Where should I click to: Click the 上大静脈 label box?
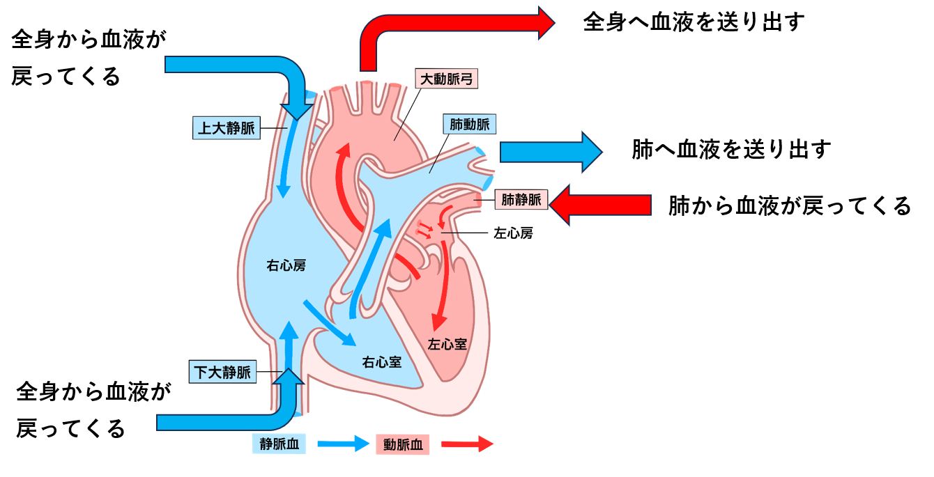click(x=226, y=129)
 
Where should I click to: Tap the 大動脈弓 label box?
click(x=447, y=79)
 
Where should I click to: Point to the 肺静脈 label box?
click(x=521, y=201)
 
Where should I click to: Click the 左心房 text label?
click(x=513, y=234)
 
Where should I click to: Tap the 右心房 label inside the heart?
click(x=286, y=265)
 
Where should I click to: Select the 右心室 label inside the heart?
click(x=381, y=362)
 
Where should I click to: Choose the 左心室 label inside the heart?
click(x=447, y=344)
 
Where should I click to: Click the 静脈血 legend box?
click(x=280, y=444)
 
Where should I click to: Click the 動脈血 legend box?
click(x=403, y=445)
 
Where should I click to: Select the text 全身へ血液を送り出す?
click(x=694, y=22)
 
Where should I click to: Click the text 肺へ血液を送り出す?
click(x=731, y=150)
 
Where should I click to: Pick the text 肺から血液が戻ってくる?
click(x=789, y=206)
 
